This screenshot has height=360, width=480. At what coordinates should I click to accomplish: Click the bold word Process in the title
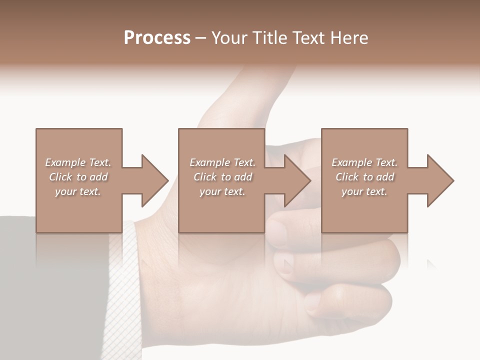(157, 38)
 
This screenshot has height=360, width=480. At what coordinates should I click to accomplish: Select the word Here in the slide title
(349, 38)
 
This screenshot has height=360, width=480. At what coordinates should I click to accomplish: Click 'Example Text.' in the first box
(78, 162)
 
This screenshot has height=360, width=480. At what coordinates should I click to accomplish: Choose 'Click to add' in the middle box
(222, 177)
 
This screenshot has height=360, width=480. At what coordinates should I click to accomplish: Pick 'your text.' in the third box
(364, 191)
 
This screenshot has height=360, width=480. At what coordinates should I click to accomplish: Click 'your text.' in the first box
(78, 191)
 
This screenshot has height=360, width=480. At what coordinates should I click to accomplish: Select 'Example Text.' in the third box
(364, 162)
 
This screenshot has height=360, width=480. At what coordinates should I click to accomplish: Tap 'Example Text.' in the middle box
(222, 162)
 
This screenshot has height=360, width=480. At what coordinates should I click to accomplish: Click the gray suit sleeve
(50, 290)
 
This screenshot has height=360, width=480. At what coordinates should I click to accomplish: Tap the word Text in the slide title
(310, 38)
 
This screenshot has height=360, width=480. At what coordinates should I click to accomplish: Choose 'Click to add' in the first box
(78, 177)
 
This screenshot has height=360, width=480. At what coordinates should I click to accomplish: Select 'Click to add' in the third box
(364, 177)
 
